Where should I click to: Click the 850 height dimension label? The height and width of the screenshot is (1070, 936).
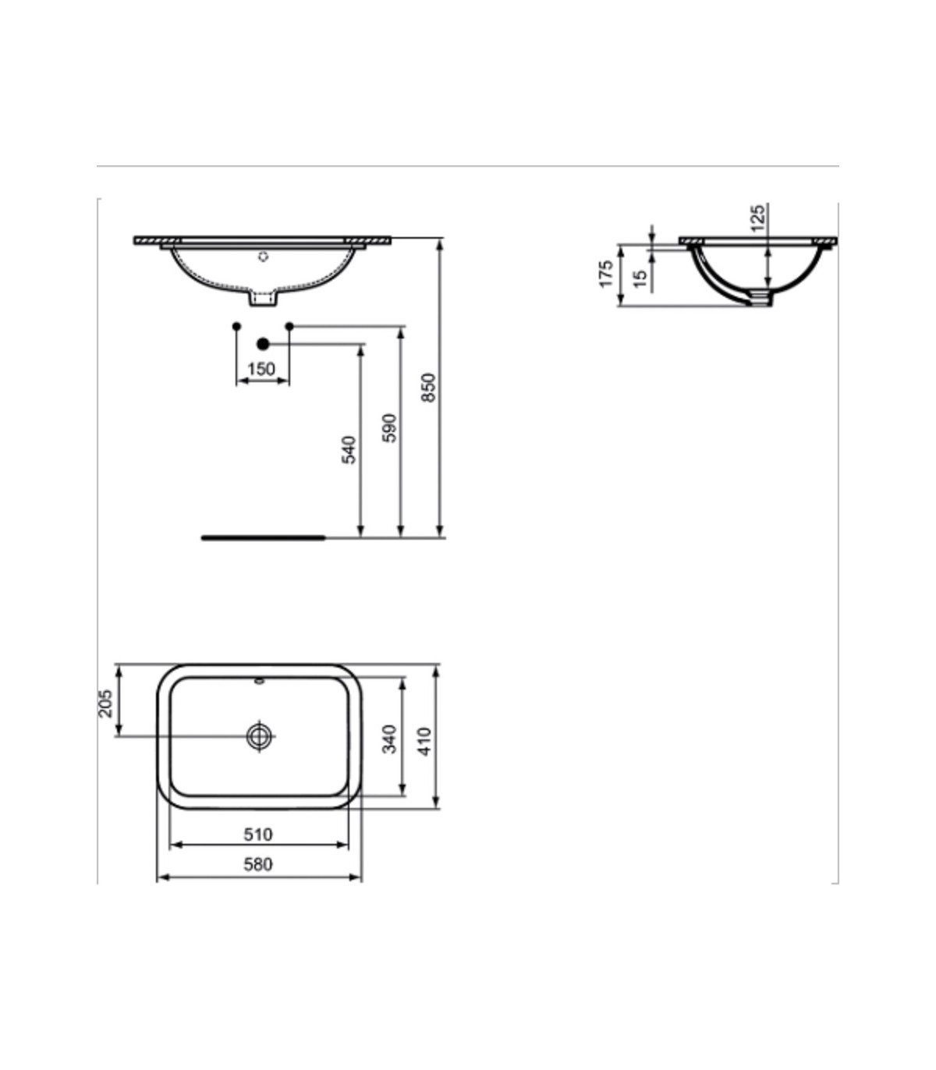point(428,388)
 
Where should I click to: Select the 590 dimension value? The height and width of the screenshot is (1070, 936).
point(389,428)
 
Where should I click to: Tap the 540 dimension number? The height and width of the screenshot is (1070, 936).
point(349,450)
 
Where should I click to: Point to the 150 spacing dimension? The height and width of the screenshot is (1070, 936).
point(261,369)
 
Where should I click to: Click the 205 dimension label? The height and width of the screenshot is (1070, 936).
point(105,703)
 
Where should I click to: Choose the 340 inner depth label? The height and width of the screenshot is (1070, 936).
point(389,739)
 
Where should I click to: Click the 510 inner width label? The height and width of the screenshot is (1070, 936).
point(258,834)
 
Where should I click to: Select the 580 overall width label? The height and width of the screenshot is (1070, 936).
point(258,864)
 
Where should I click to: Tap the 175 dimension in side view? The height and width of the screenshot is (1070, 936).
point(606,274)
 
